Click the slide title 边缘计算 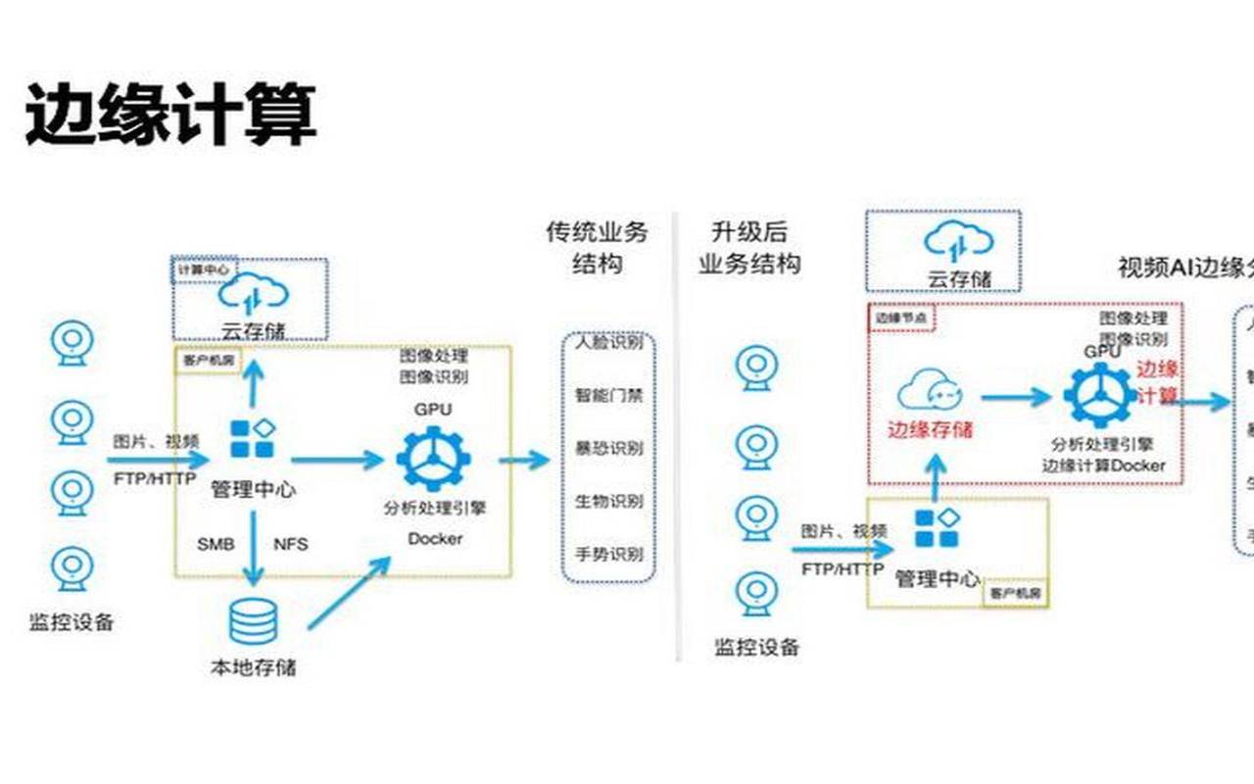[x=170, y=116]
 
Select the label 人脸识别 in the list [x=608, y=343]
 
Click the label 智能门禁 [x=608, y=396]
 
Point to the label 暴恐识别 [x=608, y=449]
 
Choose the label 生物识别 [x=608, y=501]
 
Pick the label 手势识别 [x=608, y=554]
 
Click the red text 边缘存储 [x=930, y=428]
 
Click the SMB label [x=216, y=543]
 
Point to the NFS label [x=290, y=543]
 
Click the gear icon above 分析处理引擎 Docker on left [x=433, y=458]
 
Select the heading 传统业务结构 [x=597, y=248]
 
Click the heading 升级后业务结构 [x=749, y=248]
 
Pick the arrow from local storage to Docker [x=349, y=592]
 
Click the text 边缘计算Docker [x=1103, y=465]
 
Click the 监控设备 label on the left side [x=72, y=621]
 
